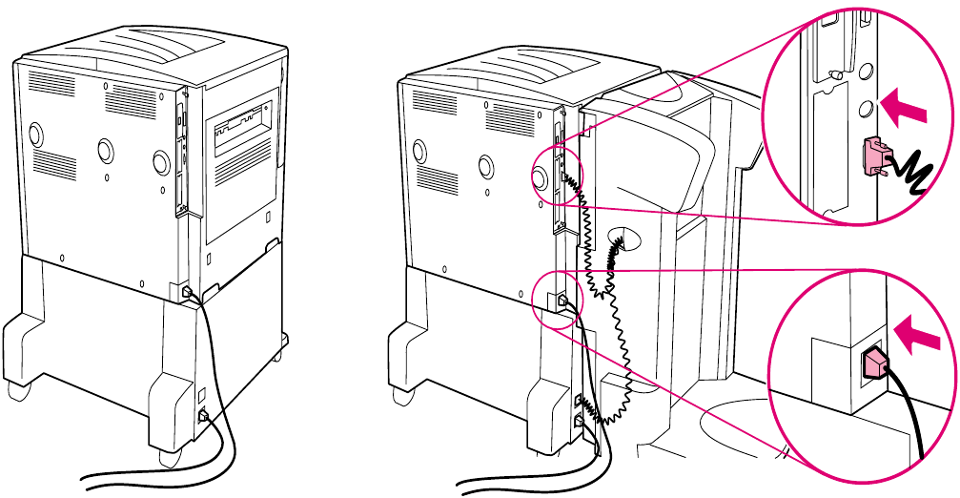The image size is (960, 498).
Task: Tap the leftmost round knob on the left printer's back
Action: coord(35,133)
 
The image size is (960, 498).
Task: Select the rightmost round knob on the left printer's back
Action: coord(161,161)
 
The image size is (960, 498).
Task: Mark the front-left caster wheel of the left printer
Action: coord(16,389)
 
